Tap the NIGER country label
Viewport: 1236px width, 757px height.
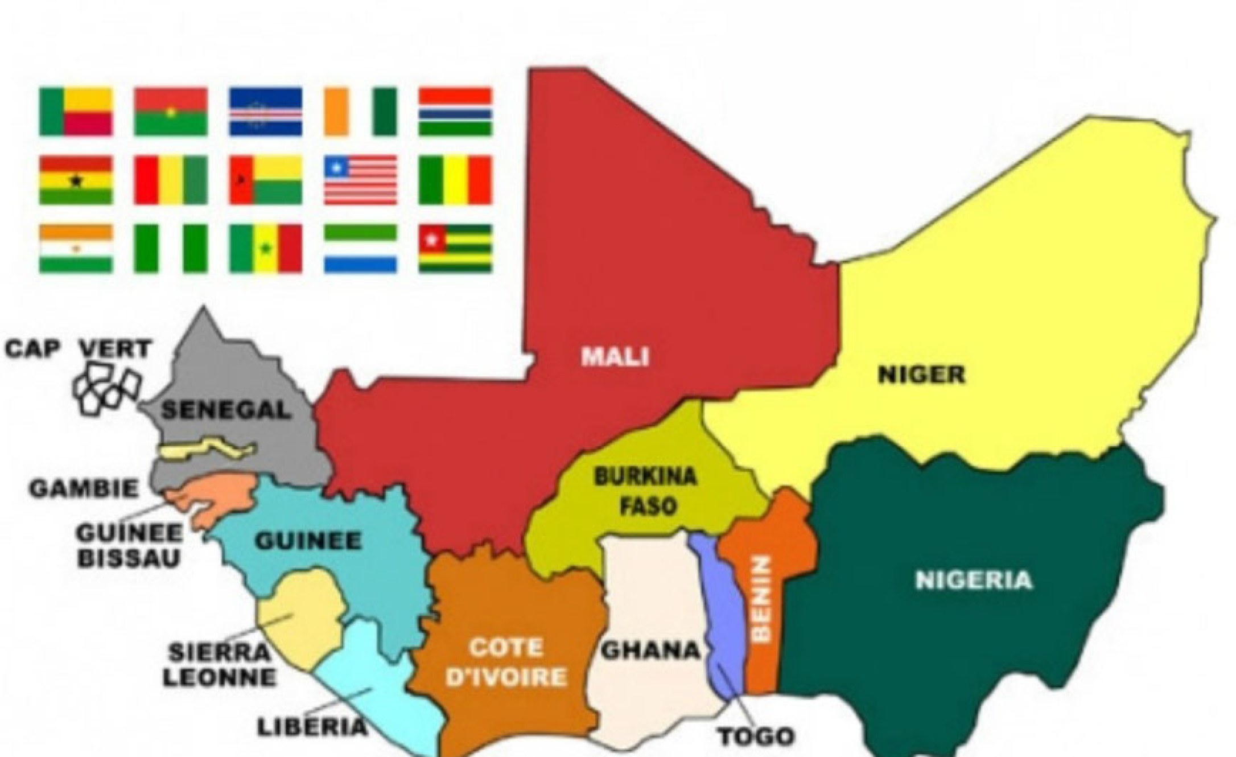pyautogui.click(x=922, y=375)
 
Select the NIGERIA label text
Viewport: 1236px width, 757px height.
pyautogui.click(x=974, y=581)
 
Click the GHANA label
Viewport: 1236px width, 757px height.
pyautogui.click(x=650, y=651)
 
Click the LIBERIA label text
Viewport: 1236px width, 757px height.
pyautogui.click(x=312, y=727)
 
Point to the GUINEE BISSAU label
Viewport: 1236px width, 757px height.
pyautogui.click(x=129, y=545)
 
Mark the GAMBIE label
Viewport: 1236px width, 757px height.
pyautogui.click(x=84, y=488)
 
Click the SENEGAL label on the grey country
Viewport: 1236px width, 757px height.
pyautogui.click(x=225, y=410)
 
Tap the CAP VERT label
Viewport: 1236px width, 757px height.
pyautogui.click(x=78, y=348)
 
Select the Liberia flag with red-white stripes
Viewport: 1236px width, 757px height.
pyautogui.click(x=361, y=180)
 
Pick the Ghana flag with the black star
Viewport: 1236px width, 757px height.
pyautogui.click(x=76, y=180)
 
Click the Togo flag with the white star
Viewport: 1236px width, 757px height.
pyautogui.click(x=455, y=249)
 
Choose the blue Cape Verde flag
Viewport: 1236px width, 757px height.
pyautogui.click(x=266, y=112)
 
